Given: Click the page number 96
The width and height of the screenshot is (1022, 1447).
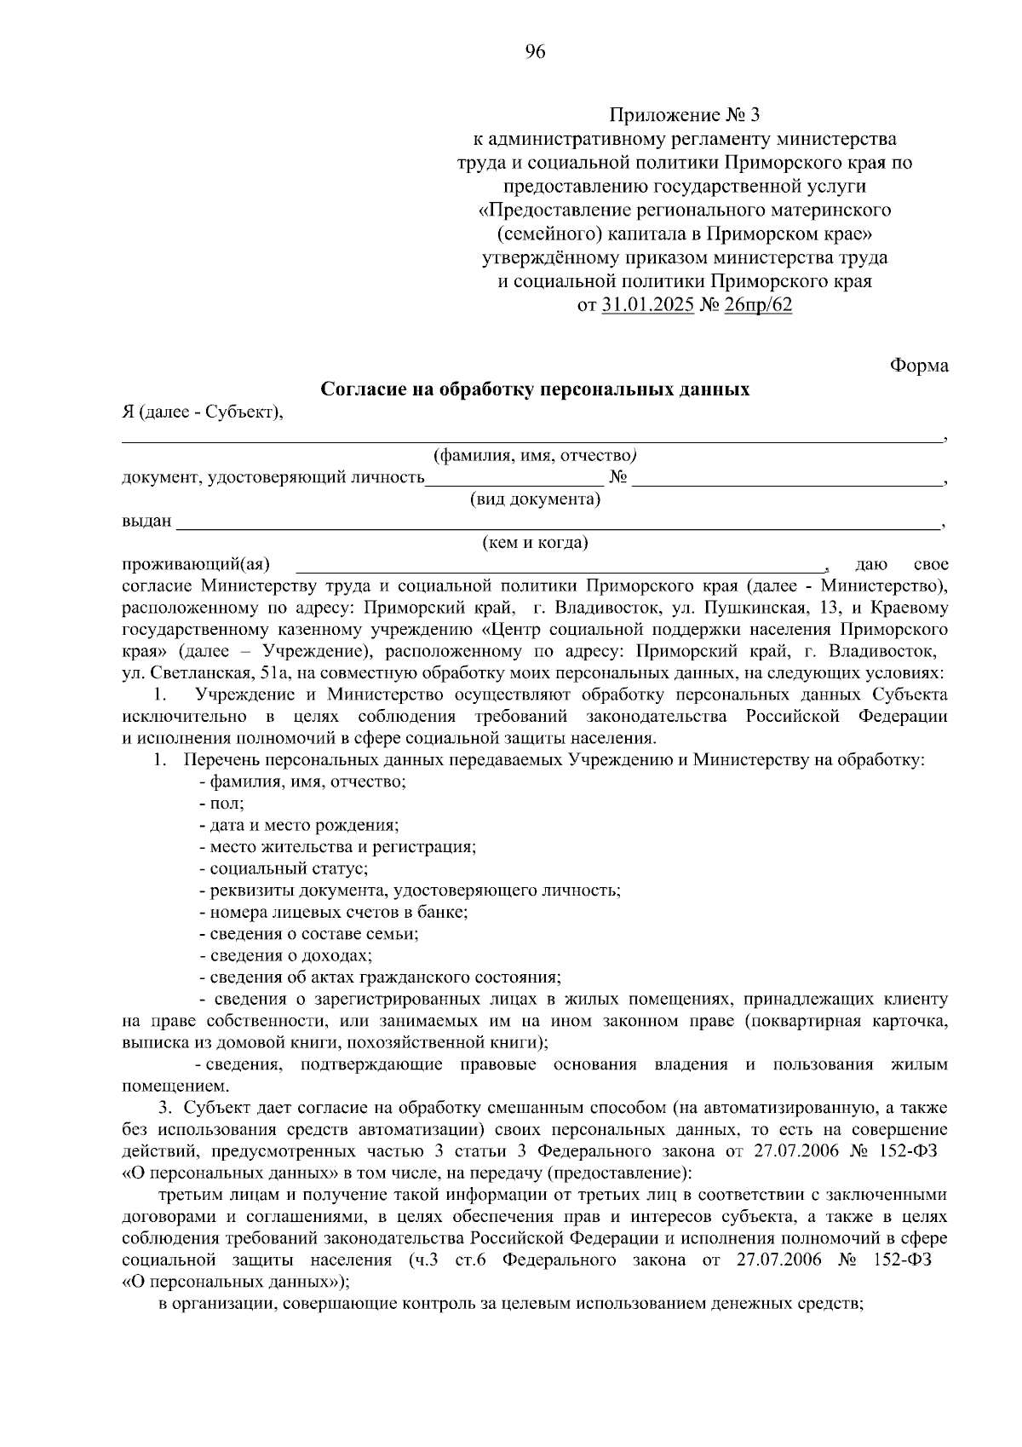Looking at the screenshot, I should [x=535, y=52].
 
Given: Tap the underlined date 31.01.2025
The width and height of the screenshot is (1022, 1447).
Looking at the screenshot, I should [x=647, y=305].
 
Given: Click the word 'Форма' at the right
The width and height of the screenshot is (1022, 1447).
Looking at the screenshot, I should [x=919, y=366].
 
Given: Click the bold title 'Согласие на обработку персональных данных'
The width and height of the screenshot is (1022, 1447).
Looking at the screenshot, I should [x=535, y=389].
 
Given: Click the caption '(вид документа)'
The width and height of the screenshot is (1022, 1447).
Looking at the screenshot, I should [x=535, y=499].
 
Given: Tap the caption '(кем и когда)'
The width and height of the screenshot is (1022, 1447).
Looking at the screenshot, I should [x=535, y=542].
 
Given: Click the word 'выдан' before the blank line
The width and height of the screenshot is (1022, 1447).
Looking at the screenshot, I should [x=146, y=521].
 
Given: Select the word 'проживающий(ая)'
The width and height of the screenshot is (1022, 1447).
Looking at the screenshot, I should [x=196, y=564].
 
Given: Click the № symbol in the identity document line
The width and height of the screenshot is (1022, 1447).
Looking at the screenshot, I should [x=618, y=477].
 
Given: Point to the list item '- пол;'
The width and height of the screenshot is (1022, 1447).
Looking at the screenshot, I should [x=221, y=804].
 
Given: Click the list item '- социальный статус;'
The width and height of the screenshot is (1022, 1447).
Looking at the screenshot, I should [x=283, y=868].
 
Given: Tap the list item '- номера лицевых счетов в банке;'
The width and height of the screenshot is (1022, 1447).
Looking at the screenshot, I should [x=333, y=912].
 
